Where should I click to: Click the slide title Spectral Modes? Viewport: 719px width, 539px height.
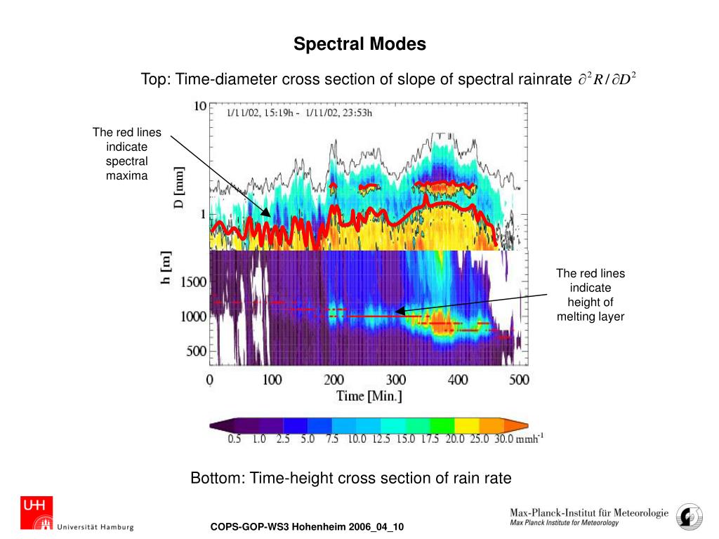pyautogui.click(x=359, y=44)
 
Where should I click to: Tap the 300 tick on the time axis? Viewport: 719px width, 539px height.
pyautogui.click(x=396, y=380)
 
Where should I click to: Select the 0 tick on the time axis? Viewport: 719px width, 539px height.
pyautogui.click(x=210, y=380)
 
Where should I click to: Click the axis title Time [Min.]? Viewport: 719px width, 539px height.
pyautogui.click(x=369, y=397)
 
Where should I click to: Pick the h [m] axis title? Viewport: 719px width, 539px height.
pyautogui.click(x=166, y=267)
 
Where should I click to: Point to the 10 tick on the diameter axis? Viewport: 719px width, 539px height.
pyautogui.click(x=199, y=106)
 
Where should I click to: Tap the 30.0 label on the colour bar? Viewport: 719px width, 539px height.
pyautogui.click(x=501, y=440)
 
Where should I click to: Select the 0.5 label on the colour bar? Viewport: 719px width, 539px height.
pyautogui.click(x=235, y=440)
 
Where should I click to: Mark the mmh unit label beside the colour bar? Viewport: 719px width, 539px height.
pyautogui.click(x=530, y=439)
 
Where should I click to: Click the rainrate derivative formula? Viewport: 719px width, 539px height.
pyautogui.click(x=607, y=79)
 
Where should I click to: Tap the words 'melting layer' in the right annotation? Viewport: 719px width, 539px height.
pyautogui.click(x=590, y=317)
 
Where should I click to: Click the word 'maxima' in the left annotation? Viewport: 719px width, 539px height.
pyautogui.click(x=127, y=175)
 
